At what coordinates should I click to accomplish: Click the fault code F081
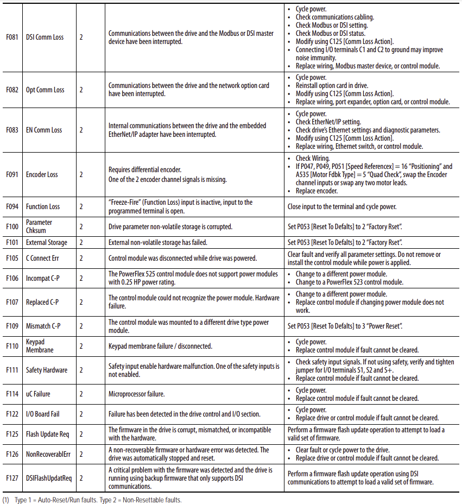(12, 37)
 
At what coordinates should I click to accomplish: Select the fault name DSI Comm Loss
(45, 37)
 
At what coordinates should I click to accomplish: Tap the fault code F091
(12, 175)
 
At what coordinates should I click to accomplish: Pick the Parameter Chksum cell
(39, 226)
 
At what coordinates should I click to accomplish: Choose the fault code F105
(12, 259)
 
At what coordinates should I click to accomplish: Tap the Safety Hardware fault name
(47, 370)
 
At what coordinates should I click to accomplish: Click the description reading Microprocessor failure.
(136, 394)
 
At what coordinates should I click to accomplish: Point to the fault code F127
(12, 478)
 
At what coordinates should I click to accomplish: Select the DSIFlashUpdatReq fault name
(49, 478)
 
